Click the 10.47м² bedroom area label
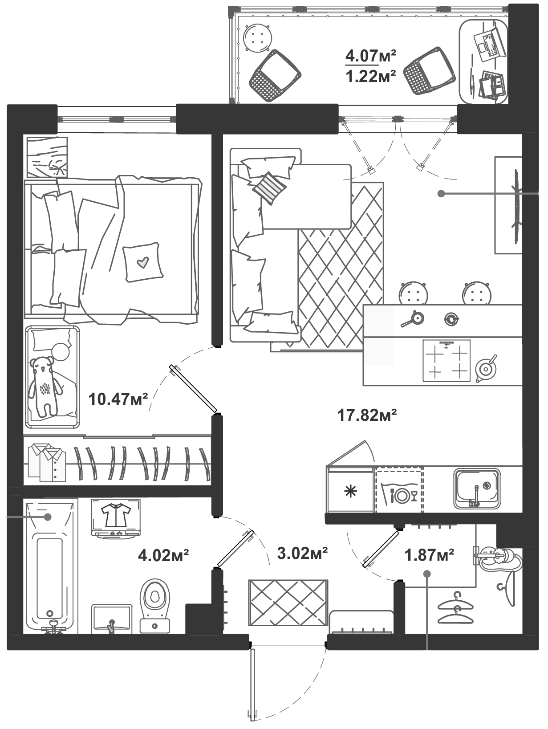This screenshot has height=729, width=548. coord(118,399)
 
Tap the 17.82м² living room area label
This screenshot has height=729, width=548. coord(367,415)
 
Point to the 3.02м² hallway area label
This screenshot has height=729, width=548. coord(302,553)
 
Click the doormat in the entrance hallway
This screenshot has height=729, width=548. coord(288,603)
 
